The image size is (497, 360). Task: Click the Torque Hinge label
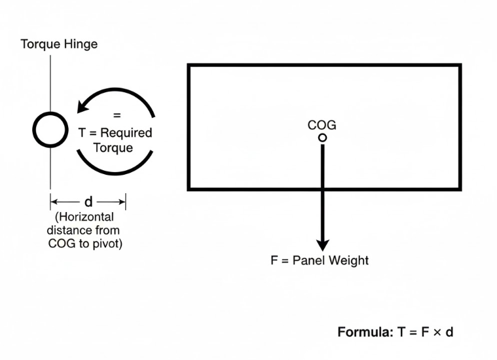[59, 45]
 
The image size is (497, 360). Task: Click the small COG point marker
[322, 137]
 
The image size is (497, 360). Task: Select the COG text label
[322, 125]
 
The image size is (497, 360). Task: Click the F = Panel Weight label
[320, 261]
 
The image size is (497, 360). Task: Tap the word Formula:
[365, 332]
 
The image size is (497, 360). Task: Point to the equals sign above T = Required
[117, 115]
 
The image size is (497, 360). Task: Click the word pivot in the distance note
[107, 244]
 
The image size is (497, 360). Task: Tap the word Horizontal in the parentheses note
[86, 217]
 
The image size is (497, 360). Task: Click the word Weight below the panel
[348, 261]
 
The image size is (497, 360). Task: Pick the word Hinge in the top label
[81, 45]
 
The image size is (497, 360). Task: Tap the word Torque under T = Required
[113, 147]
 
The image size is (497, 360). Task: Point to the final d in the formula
[449, 332]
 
